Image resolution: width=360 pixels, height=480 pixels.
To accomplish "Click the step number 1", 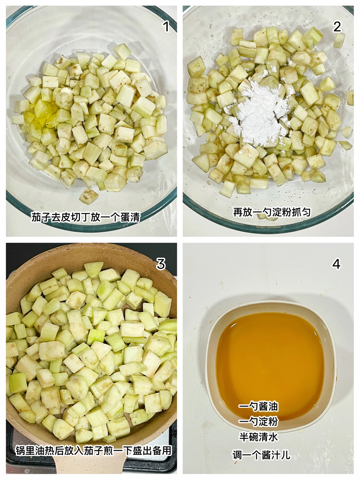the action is click(x=166, y=27).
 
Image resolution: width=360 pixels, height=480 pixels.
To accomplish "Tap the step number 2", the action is click(x=337, y=27).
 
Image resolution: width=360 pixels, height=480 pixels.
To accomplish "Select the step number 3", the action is click(x=161, y=264).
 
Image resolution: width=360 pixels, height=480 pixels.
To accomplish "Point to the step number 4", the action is click(x=336, y=264).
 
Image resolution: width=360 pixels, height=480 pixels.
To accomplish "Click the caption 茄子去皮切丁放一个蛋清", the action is click(x=86, y=217).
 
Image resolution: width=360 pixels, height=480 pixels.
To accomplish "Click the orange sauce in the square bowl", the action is click(x=270, y=363).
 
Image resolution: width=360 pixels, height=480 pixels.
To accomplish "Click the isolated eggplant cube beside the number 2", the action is click(x=339, y=40).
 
